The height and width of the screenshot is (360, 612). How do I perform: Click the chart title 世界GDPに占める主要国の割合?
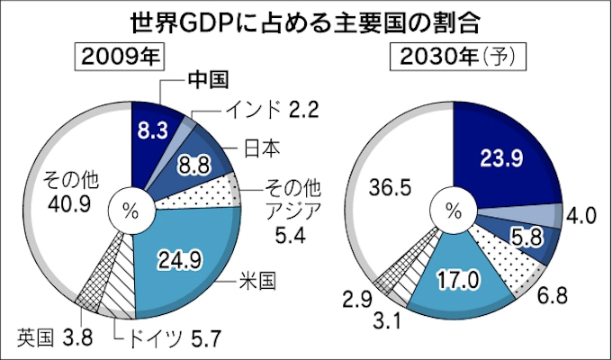coord(306,20)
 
